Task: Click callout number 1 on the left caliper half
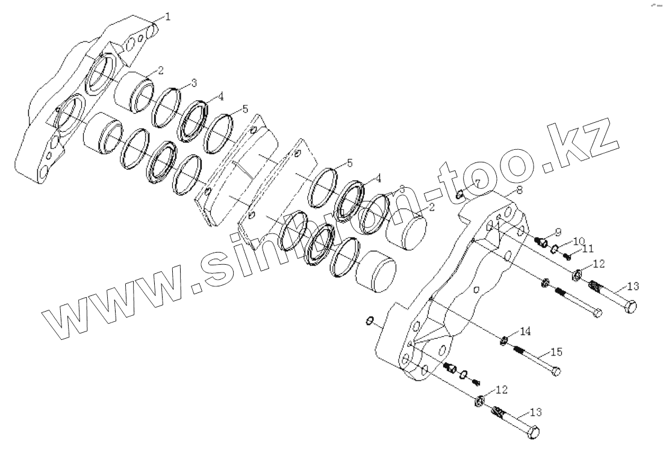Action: point(167,17)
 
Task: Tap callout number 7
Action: point(476,182)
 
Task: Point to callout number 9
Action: point(558,232)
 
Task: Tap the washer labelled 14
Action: point(503,343)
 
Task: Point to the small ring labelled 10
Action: point(555,249)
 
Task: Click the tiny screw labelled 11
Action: point(567,256)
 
